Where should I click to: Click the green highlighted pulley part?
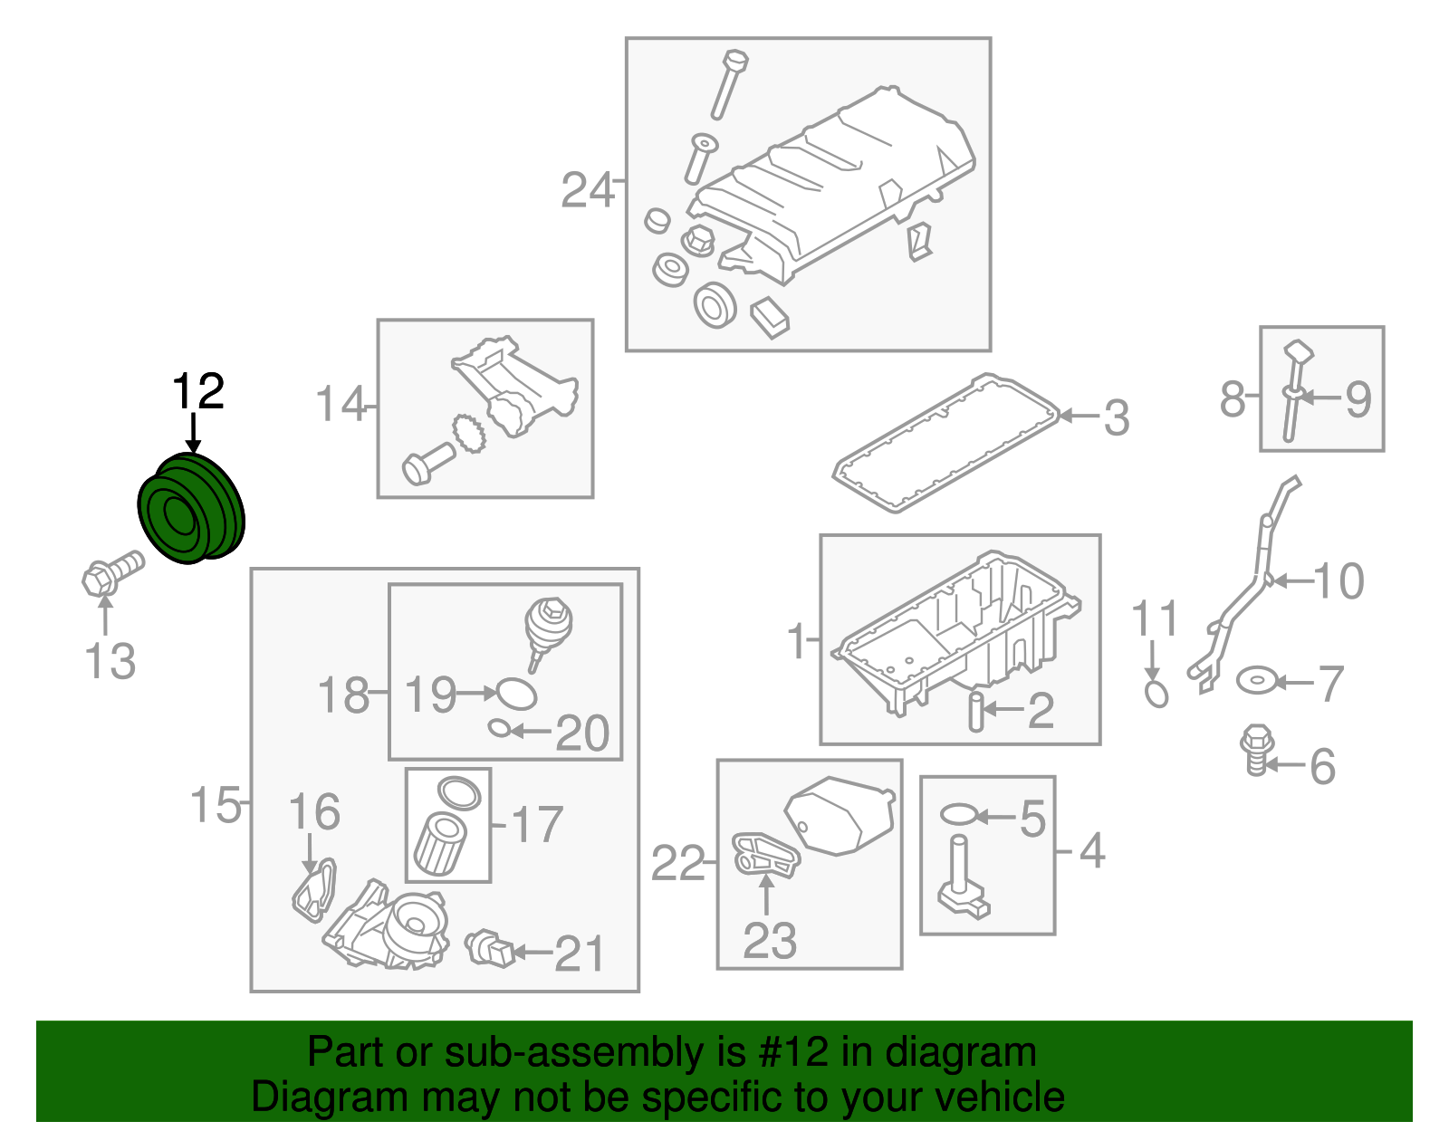pyautogui.click(x=191, y=509)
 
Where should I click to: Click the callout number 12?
pyautogui.click(x=197, y=391)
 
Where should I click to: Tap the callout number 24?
pyautogui.click(x=587, y=191)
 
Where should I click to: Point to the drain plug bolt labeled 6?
pyautogui.click(x=1256, y=749)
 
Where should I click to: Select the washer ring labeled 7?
pyautogui.click(x=1258, y=679)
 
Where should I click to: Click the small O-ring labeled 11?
pyautogui.click(x=1156, y=694)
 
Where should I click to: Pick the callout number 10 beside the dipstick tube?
pyautogui.click(x=1339, y=580)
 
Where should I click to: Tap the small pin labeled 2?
pyautogui.click(x=976, y=711)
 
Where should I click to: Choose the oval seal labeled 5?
pyautogui.click(x=958, y=814)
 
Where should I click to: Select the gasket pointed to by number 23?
pyautogui.click(x=765, y=855)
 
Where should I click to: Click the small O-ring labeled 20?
pyautogui.click(x=499, y=728)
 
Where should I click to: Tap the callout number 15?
pyautogui.click(x=216, y=803)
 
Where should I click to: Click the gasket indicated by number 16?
pyautogui.click(x=313, y=891)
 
